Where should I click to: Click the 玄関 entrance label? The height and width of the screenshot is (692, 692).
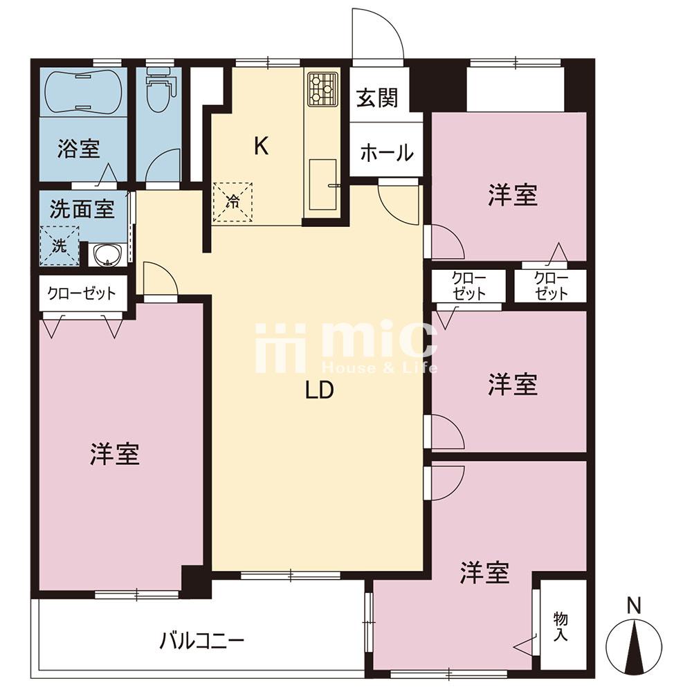[x=377, y=98]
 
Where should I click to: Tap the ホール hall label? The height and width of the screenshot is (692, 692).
[x=387, y=153]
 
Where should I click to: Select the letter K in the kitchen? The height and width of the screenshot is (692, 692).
[x=262, y=146]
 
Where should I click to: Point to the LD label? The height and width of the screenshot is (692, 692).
[x=320, y=390]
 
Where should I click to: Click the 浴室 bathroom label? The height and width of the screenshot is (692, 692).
[x=79, y=149]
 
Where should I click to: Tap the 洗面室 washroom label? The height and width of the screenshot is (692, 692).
[x=82, y=208]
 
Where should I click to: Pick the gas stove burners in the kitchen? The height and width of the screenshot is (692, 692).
[x=322, y=89]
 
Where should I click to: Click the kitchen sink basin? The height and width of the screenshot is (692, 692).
[x=323, y=185]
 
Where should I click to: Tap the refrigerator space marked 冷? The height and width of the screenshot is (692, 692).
[x=233, y=201]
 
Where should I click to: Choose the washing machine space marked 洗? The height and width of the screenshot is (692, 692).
[x=60, y=246]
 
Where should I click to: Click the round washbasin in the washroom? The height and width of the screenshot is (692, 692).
[x=107, y=255]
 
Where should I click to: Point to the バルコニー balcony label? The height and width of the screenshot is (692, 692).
[x=201, y=641]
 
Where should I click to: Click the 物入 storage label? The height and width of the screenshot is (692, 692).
[x=561, y=627]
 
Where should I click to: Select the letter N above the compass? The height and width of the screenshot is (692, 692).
[x=634, y=605]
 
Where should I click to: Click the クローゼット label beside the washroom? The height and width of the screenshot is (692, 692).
[x=82, y=293]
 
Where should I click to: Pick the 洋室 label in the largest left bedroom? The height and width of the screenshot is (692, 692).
[x=115, y=454]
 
